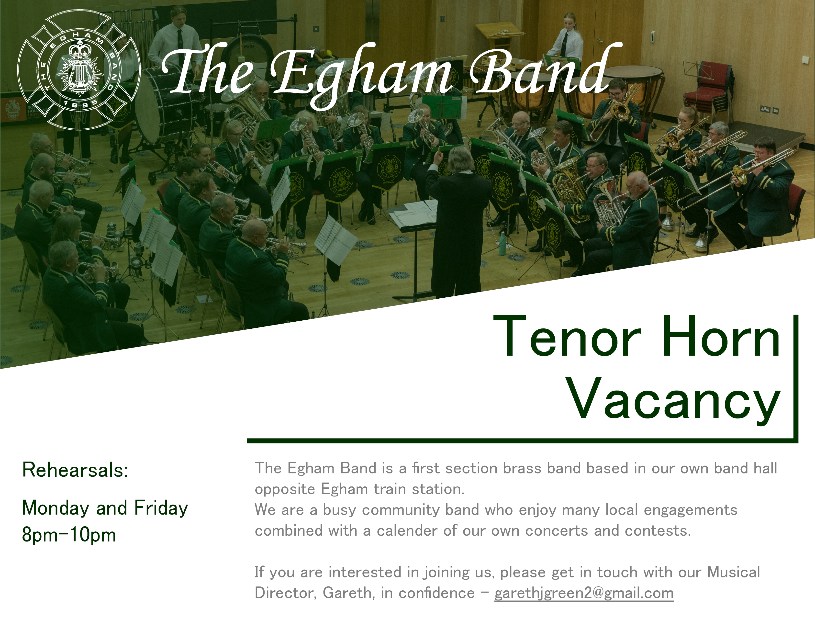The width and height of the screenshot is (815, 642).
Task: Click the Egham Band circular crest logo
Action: pos(79,70)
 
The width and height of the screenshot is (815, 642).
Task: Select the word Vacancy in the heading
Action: pos(674,399)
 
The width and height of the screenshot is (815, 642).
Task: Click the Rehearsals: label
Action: pos(75,470)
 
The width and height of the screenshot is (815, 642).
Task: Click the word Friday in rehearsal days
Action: pos(161,508)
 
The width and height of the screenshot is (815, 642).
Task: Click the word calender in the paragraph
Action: pos(407,531)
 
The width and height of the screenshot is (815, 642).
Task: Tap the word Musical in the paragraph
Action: pos(734,572)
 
